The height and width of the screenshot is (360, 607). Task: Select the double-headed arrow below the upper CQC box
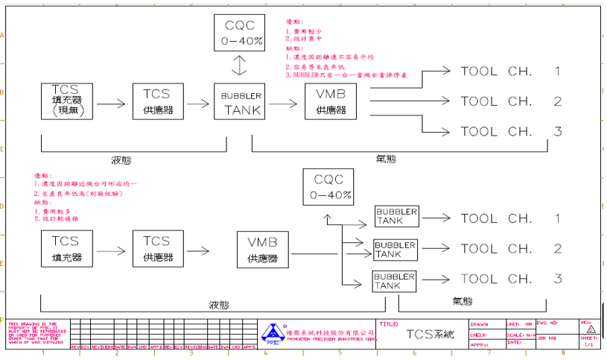238,67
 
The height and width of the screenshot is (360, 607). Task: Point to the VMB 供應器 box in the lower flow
263,250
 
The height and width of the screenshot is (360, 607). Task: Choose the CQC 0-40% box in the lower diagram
328,187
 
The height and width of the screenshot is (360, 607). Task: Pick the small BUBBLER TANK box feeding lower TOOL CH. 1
396,217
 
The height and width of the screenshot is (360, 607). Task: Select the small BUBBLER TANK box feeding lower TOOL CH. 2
395,250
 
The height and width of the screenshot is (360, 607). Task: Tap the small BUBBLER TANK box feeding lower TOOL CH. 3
394,280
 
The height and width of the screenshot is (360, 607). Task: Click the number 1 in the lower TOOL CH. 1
556,218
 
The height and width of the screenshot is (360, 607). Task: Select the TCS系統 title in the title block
429,335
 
